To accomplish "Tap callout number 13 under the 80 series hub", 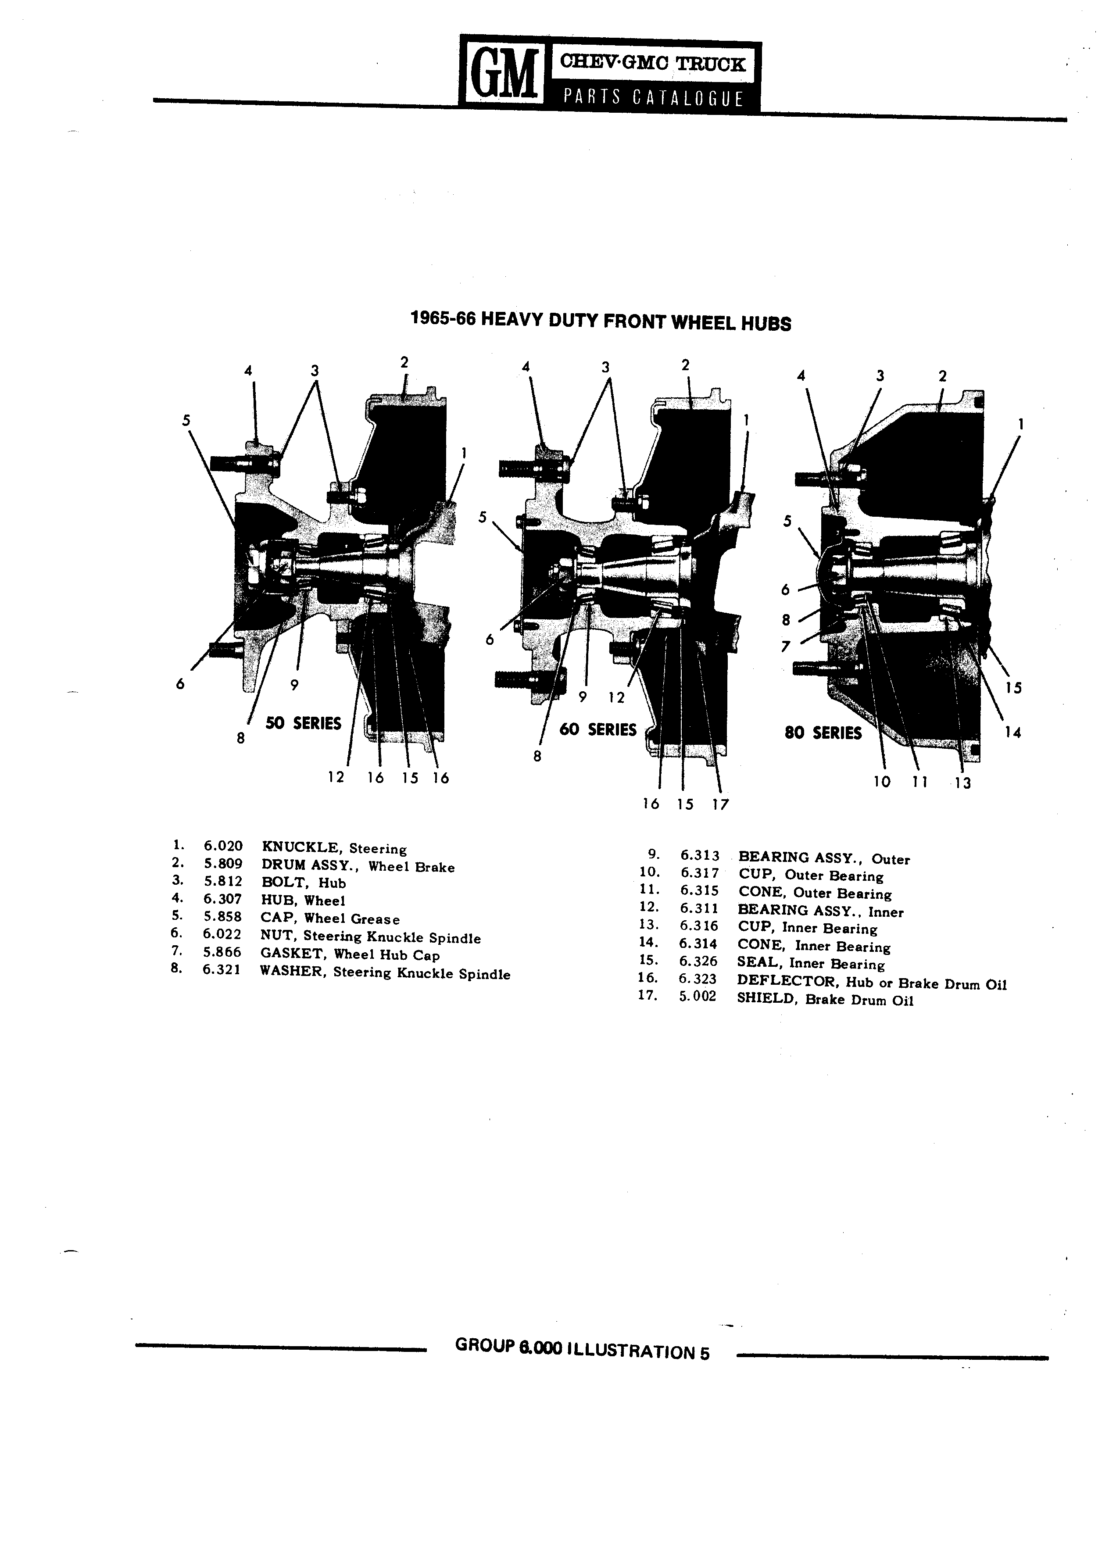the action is [x=962, y=783].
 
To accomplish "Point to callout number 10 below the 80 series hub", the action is [x=882, y=782].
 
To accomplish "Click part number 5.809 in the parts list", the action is [x=222, y=865].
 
